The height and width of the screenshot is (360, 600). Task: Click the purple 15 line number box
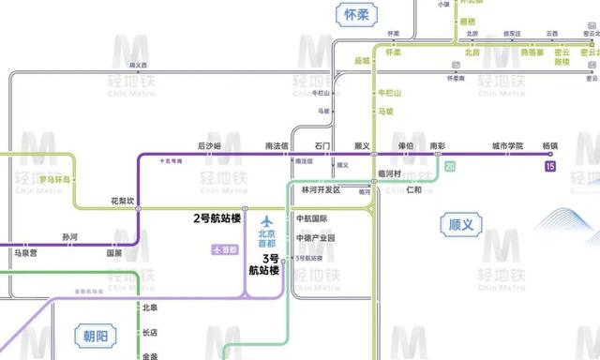pyautogui.click(x=549, y=166)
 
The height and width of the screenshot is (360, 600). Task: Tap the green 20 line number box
pyautogui.click(x=451, y=166)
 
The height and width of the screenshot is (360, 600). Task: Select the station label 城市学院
pyautogui.click(x=507, y=145)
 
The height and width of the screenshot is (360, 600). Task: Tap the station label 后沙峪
pyautogui.click(x=209, y=145)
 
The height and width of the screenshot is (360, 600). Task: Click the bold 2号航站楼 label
pyautogui.click(x=217, y=218)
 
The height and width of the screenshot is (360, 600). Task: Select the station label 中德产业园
pyautogui.click(x=315, y=238)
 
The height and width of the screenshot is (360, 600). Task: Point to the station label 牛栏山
pyautogui.click(x=388, y=94)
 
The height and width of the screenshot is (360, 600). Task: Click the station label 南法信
pyautogui.click(x=276, y=145)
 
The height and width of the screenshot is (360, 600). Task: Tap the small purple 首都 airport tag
pyautogui.click(x=223, y=250)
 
